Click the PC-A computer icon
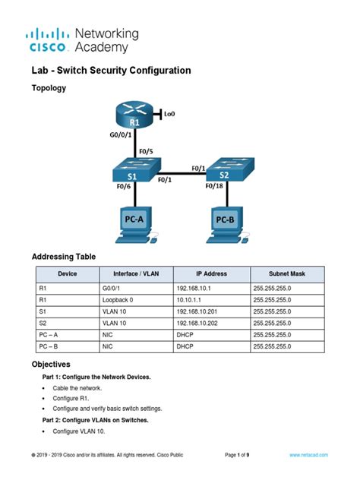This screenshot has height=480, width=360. pos(134,224)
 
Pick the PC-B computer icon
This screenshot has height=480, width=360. pos(225,224)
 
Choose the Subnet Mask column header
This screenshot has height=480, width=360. pos(287,274)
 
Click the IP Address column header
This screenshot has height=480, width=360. pos(211,274)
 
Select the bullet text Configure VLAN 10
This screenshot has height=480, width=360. pos(79,431)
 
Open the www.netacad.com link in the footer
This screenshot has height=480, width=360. pos(308,454)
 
